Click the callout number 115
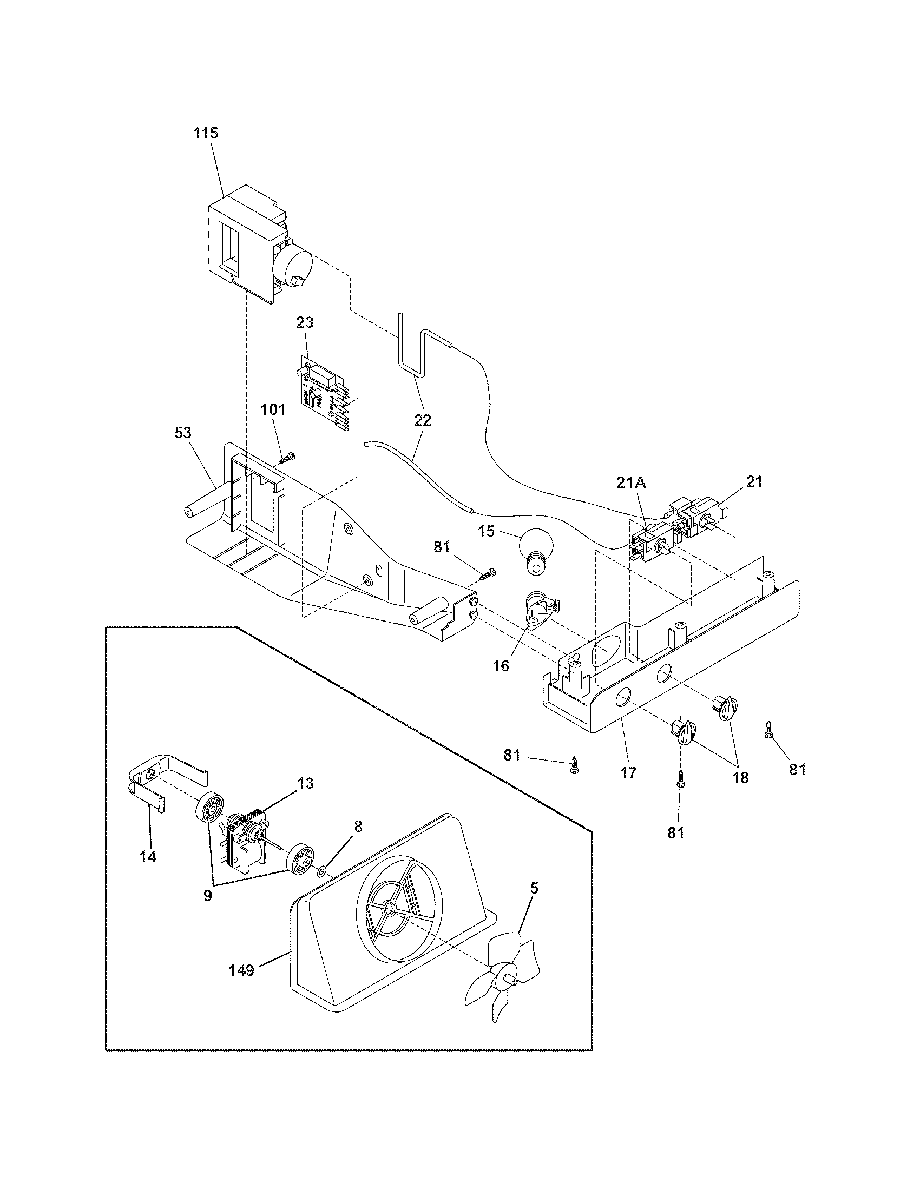click(x=206, y=133)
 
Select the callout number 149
click(x=241, y=970)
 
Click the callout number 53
click(x=183, y=433)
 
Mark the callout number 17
click(x=628, y=772)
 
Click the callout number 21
click(x=754, y=481)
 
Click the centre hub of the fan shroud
click(x=391, y=908)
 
